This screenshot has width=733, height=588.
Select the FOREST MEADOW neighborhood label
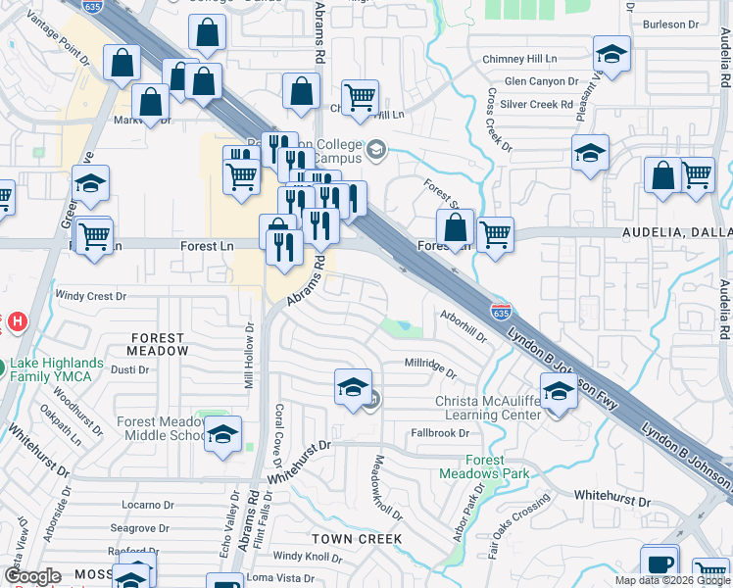pyautogui.click(x=159, y=344)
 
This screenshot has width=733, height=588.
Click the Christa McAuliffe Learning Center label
pyautogui.click(x=489, y=408)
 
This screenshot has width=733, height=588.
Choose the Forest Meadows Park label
pyautogui.click(x=498, y=466)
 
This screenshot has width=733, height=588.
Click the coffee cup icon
pyautogui.click(x=660, y=564)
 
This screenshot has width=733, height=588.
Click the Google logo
pyautogui.click(x=32, y=577)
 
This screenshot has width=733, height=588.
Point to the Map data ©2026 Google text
pyautogui.click(x=673, y=580)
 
